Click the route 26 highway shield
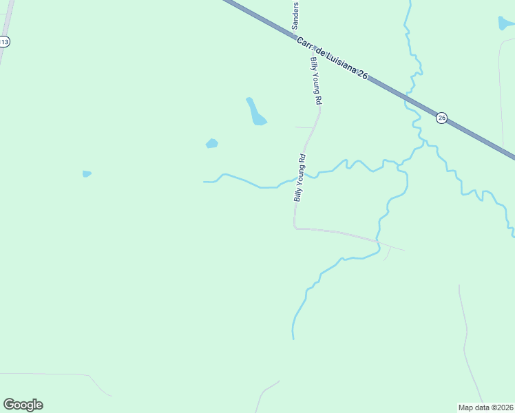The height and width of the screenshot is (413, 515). point(442,118)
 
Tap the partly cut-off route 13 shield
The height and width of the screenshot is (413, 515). point(4,42)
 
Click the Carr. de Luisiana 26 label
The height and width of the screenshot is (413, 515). point(332,59)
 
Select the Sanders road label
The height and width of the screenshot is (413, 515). point(295,14)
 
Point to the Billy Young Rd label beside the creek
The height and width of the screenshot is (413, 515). point(299,178)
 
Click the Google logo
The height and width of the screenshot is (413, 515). point(23,405)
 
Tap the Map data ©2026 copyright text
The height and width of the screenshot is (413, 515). point(486,407)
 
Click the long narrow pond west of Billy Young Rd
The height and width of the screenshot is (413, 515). point(255,112)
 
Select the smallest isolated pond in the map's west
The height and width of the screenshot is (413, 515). point(86,173)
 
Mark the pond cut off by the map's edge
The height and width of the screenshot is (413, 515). point(505,23)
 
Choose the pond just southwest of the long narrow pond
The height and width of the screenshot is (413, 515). point(212,143)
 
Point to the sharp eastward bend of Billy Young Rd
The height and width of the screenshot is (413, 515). point(295,226)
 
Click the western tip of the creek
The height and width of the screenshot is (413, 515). point(204,182)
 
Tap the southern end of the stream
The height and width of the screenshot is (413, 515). point(293,337)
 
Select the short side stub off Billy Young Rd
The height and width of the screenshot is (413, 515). point(304,127)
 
